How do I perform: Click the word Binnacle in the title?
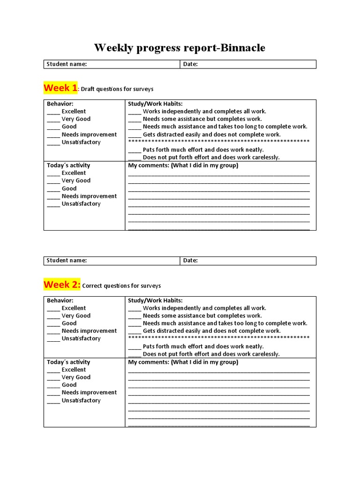(x=240, y=48)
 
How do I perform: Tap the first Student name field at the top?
(x=112, y=64)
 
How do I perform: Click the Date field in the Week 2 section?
(x=247, y=261)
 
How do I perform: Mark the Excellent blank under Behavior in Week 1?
(x=53, y=112)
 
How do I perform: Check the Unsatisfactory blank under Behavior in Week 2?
(x=53, y=339)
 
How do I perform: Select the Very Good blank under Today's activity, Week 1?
(x=53, y=181)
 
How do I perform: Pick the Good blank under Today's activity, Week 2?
(x=53, y=385)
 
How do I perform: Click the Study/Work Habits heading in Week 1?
(x=155, y=104)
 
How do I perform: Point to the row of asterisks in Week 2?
(x=218, y=338)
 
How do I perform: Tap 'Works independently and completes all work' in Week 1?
(x=204, y=112)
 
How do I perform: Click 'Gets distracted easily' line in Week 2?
(x=211, y=331)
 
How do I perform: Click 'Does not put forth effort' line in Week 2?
(x=211, y=354)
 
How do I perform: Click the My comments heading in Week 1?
(x=183, y=165)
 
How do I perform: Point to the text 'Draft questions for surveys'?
(x=117, y=89)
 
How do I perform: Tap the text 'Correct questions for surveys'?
(x=121, y=286)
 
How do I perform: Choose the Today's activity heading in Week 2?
(x=68, y=362)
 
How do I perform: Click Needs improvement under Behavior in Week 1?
(x=89, y=135)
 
